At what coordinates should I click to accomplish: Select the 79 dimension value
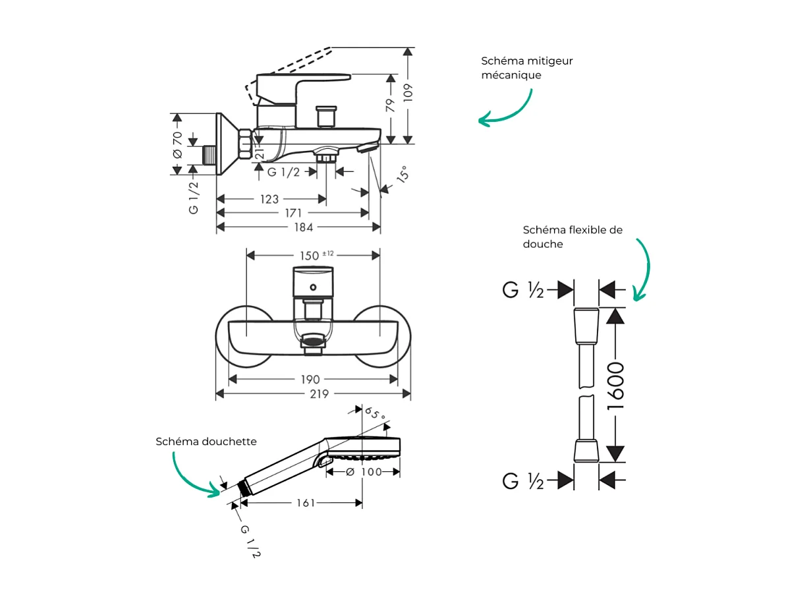(391, 103)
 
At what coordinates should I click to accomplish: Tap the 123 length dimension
(269, 199)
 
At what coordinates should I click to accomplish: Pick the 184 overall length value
(303, 227)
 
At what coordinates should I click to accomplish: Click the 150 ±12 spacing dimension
(316, 255)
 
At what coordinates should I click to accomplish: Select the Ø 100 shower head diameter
(364, 472)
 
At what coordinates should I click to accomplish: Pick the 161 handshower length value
(305, 503)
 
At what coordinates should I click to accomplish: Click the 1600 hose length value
(615, 387)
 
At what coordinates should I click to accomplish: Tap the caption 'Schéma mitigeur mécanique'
(526, 68)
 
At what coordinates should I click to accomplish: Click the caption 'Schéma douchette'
(206, 442)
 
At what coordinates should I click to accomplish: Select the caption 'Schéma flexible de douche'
(572, 237)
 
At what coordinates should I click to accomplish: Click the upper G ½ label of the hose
(523, 290)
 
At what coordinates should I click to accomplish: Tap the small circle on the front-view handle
(314, 287)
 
